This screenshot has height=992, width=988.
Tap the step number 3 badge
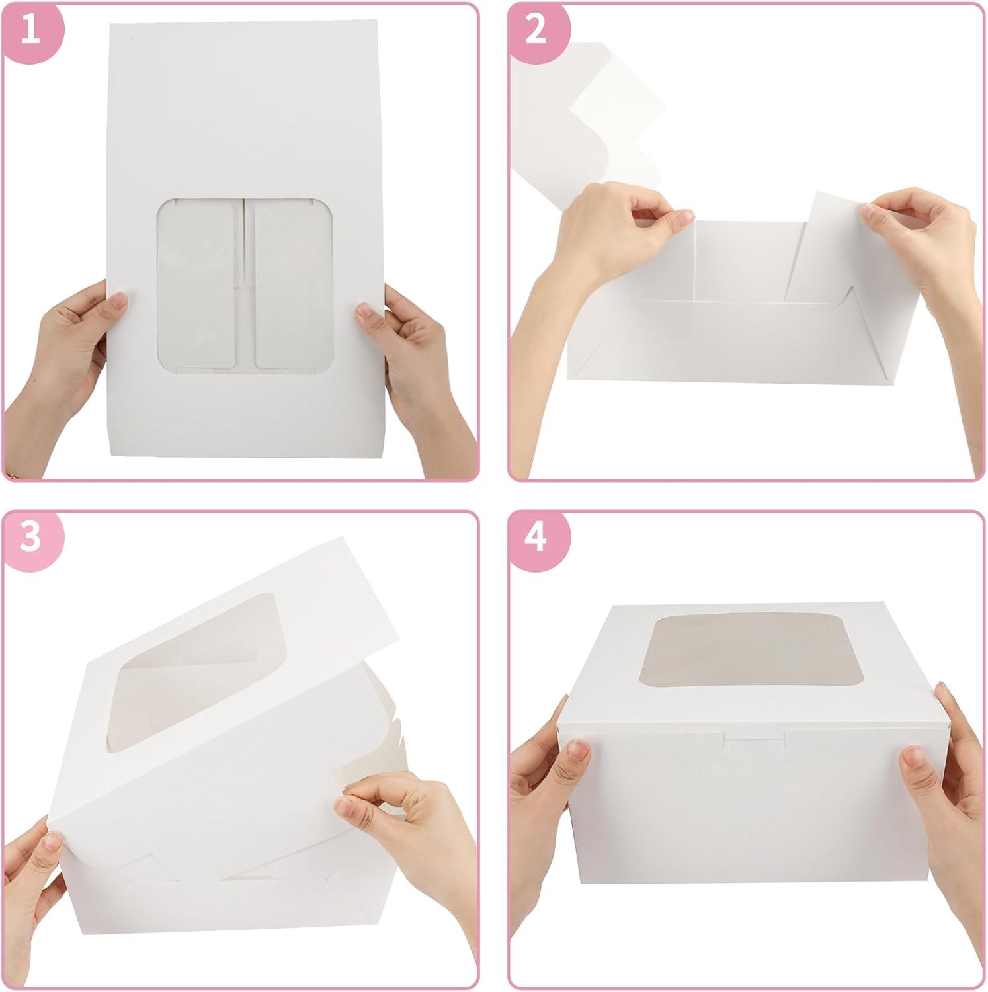pos(31,538)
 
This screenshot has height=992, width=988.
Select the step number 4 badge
pos(536,538)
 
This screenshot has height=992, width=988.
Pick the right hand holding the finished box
pos(939,787)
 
